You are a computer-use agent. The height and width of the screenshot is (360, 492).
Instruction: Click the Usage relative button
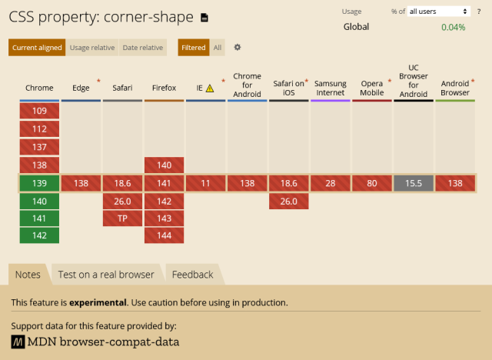point(92,48)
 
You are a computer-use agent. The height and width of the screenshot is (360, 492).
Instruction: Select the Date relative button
point(143,48)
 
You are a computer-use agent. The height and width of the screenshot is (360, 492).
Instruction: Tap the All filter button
point(218,48)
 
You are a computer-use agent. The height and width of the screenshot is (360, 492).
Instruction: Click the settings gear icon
point(238,47)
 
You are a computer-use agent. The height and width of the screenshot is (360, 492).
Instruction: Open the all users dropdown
point(439,12)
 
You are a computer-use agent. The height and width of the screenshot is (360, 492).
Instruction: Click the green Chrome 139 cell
point(39,183)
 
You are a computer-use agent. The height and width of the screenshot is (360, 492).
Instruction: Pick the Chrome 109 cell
point(39,111)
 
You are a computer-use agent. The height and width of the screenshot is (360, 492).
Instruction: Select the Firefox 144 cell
point(164,235)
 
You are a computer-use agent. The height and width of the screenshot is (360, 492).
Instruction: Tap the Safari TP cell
point(122,218)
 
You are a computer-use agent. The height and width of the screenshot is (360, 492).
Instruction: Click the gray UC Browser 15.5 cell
point(414,183)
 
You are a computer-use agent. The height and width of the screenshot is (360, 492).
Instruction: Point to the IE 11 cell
point(205,183)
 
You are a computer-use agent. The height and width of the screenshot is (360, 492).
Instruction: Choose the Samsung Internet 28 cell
point(331,183)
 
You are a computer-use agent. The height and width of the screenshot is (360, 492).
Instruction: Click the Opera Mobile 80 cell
point(372,183)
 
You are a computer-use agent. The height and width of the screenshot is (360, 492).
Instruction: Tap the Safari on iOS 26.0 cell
point(289,202)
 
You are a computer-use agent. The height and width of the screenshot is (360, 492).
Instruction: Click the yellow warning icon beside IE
point(210,88)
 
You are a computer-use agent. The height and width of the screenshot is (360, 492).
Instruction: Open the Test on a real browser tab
point(106,275)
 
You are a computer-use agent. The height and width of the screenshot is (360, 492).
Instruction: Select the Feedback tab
point(193,275)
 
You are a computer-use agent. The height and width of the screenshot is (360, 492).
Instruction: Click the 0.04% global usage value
point(453,27)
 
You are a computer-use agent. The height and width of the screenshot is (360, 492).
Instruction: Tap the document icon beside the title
point(204,18)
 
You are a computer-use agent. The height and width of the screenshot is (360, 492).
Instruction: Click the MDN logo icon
point(18,342)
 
